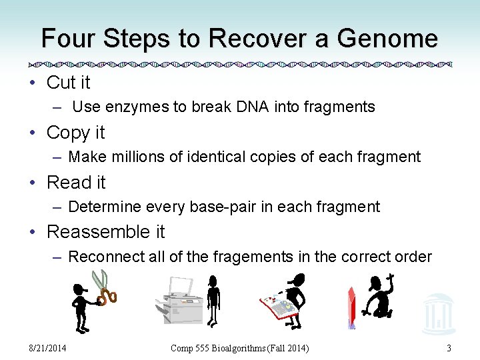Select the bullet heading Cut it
click(x=68, y=83)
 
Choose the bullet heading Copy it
click(x=75, y=133)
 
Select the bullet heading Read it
click(x=76, y=182)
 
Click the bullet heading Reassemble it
click(x=105, y=232)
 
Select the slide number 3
click(x=449, y=348)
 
